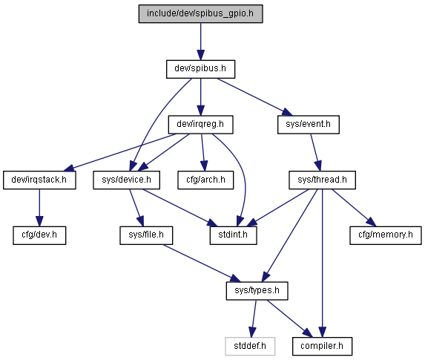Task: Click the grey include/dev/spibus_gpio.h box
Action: point(200,13)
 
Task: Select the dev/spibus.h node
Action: point(200,69)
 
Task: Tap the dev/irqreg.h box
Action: point(200,125)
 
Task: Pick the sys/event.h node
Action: point(309,125)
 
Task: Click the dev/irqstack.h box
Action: point(39,180)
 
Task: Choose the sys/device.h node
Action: point(127,180)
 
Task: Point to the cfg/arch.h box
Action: point(205,180)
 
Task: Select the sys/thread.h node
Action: point(323,180)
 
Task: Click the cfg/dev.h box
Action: point(39,235)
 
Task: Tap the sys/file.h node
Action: point(146,235)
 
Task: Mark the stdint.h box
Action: point(234,235)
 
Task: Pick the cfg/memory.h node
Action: point(386,235)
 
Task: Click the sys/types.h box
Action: point(257,291)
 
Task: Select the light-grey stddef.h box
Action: point(250,347)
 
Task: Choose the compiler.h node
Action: point(323,347)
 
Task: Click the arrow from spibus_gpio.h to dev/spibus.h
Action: point(200,42)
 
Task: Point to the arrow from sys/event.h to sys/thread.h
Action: point(316,152)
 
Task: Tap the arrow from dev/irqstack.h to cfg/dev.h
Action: point(39,208)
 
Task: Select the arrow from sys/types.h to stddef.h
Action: point(254,318)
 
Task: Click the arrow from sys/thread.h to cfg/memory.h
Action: point(354,208)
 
